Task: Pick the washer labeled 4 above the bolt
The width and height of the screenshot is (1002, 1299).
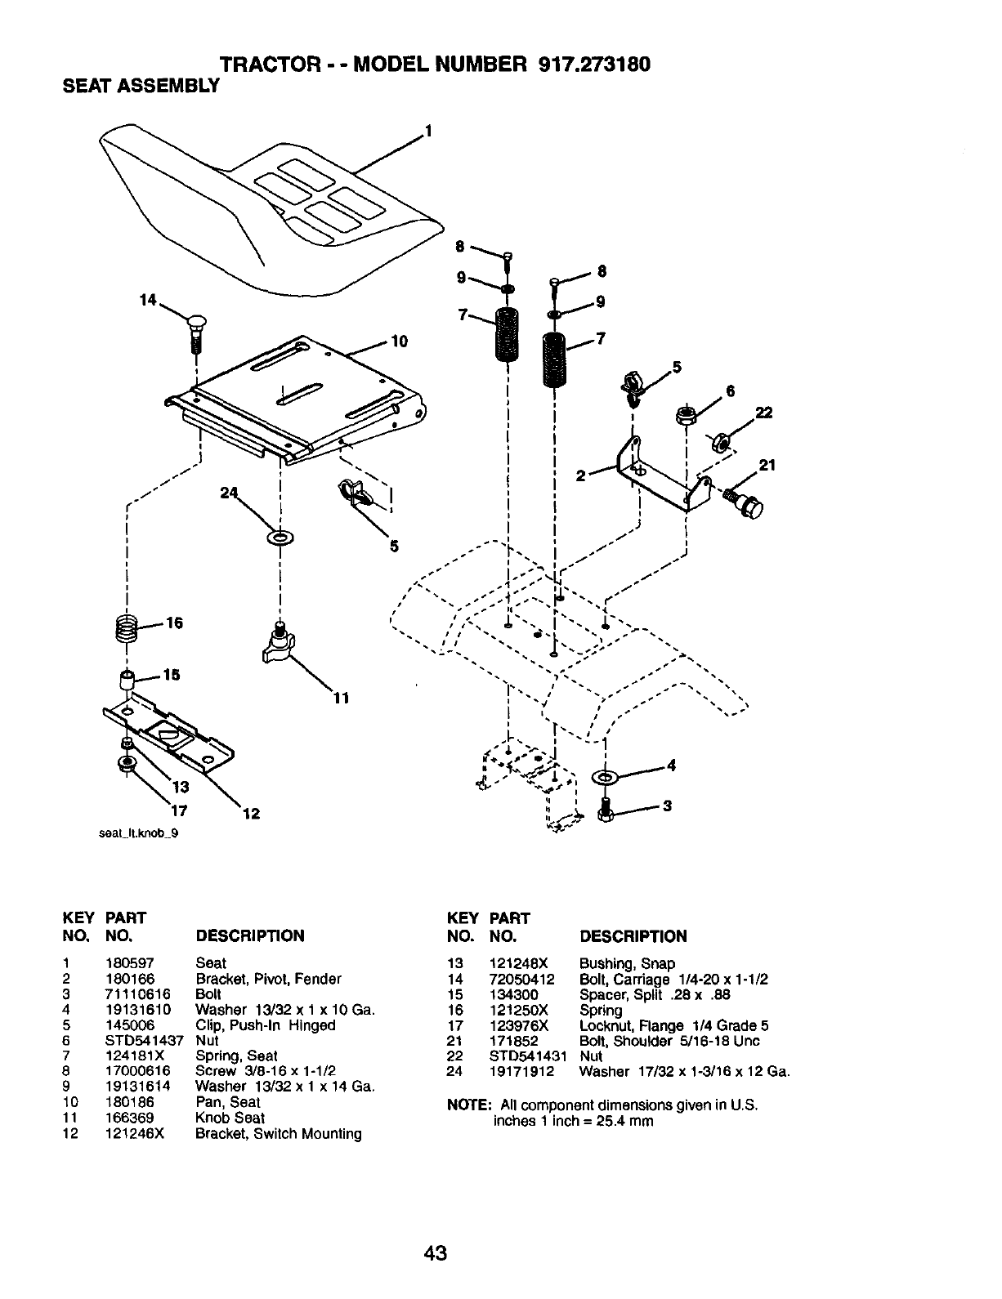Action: (x=606, y=774)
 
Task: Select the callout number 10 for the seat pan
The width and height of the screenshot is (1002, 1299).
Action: (x=399, y=341)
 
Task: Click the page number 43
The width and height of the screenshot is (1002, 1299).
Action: (x=436, y=1253)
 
